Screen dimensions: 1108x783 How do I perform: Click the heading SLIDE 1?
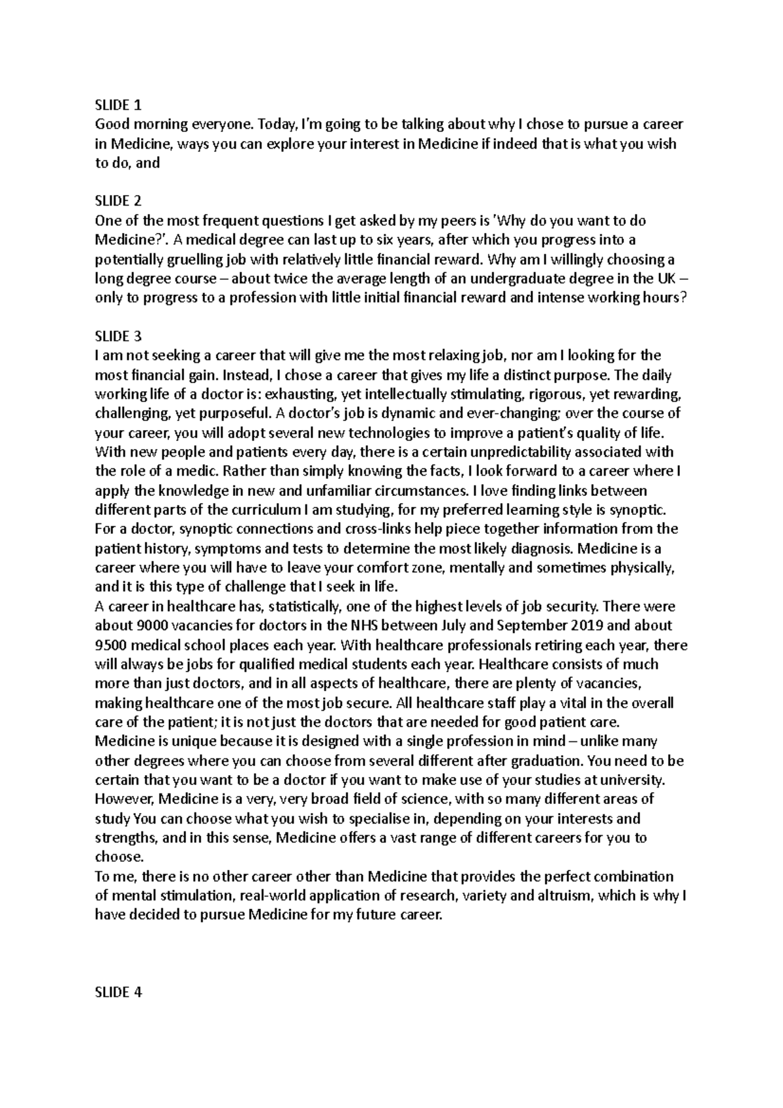coord(118,105)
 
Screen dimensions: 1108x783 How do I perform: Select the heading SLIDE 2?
coord(118,201)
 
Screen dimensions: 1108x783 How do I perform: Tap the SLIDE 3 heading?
coord(118,337)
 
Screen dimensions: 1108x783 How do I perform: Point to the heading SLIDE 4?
coord(118,993)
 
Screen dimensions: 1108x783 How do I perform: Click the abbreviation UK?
coord(662,279)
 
